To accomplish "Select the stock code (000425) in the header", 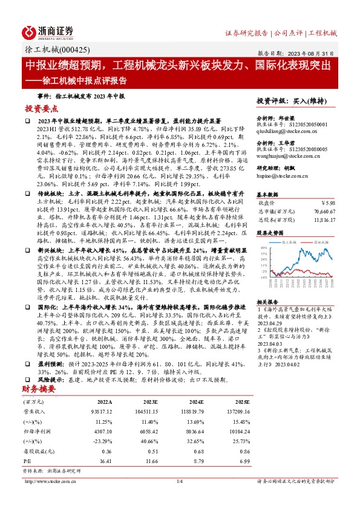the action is click(x=74, y=52).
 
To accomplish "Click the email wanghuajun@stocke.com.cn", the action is click(x=285, y=156).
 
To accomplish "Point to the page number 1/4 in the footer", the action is click(x=180, y=481).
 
